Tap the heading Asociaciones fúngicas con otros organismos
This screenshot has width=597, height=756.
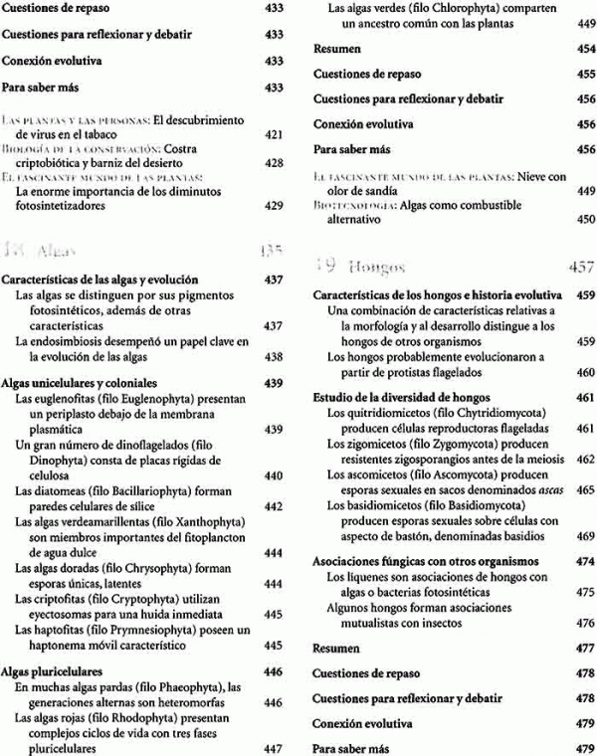[x=415, y=560]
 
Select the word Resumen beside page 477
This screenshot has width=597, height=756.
[x=336, y=647]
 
